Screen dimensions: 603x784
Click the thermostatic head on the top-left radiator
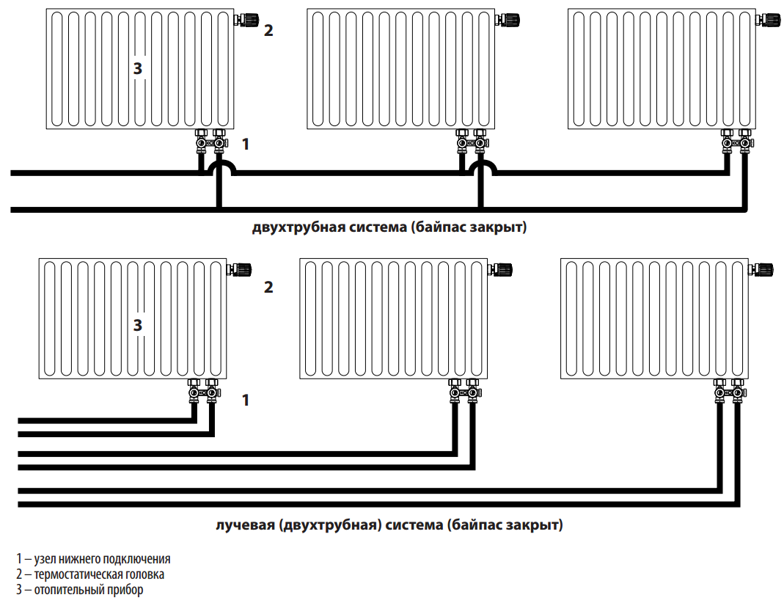click(x=245, y=20)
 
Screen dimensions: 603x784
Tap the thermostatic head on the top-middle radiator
click(x=507, y=20)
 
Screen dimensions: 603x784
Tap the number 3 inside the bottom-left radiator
click(x=137, y=324)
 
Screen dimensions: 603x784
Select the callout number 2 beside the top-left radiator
click(x=268, y=31)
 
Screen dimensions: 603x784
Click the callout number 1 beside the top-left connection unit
click(x=246, y=144)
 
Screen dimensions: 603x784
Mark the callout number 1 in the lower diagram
click(x=246, y=401)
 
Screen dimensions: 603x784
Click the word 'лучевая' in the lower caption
click(x=244, y=525)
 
